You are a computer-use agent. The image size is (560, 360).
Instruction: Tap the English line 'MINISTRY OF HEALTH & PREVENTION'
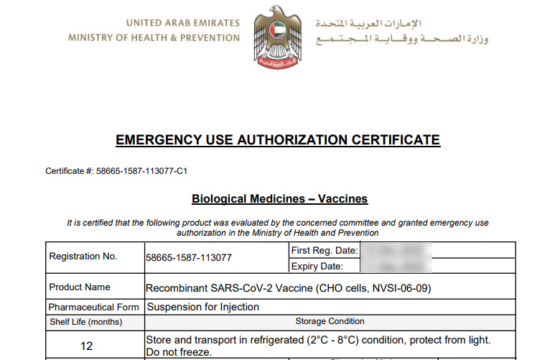(x=154, y=38)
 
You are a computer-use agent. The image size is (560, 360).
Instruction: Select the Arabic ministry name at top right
(x=402, y=38)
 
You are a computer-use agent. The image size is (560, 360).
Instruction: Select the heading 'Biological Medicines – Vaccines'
(x=279, y=198)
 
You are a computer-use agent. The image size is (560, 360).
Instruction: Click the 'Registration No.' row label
(x=83, y=257)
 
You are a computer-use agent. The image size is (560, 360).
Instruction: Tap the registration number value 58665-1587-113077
(x=189, y=257)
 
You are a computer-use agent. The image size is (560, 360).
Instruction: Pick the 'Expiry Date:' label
(x=317, y=267)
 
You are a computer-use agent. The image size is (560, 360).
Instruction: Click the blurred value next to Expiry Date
(x=396, y=267)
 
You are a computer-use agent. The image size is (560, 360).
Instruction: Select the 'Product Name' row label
(x=80, y=287)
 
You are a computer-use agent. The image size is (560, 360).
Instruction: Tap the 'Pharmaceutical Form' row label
(x=94, y=308)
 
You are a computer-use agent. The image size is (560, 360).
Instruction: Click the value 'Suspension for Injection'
(x=203, y=307)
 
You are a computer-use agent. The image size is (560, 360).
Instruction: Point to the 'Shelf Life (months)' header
(x=85, y=322)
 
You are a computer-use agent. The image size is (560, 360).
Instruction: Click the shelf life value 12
(x=86, y=346)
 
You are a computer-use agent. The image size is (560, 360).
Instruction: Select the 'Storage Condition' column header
(x=330, y=321)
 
